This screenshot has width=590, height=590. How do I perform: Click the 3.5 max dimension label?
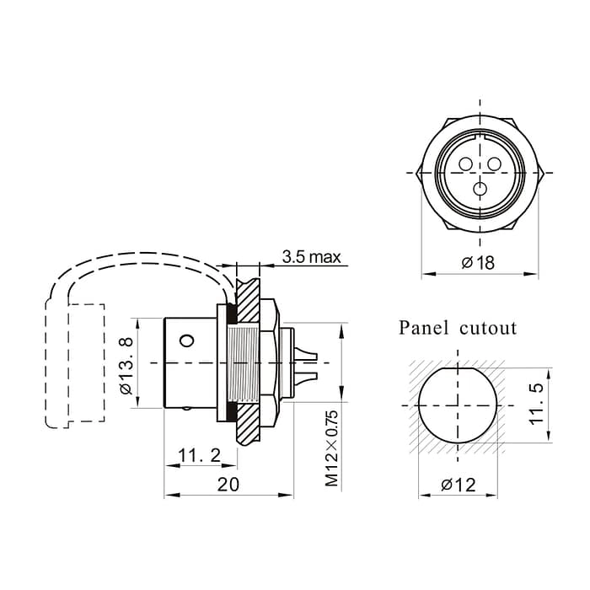pyautogui.click(x=312, y=257)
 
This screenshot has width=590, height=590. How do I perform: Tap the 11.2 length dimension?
pyautogui.click(x=199, y=456)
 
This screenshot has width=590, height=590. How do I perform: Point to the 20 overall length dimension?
pyautogui.click(x=228, y=484)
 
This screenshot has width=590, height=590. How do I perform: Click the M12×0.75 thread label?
pyautogui.click(x=331, y=448)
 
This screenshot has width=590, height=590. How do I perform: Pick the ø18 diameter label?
pyautogui.click(x=478, y=263)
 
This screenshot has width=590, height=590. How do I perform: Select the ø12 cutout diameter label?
pyautogui.click(x=458, y=485)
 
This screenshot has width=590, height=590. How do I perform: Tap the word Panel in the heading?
pyautogui.click(x=426, y=327)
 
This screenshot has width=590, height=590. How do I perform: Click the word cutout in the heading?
pyautogui.click(x=488, y=327)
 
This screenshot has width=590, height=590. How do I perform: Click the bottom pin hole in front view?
pyautogui.click(x=480, y=189)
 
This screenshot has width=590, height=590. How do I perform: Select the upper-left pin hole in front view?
pyautogui.click(x=465, y=163)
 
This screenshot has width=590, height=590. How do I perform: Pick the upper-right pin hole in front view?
pyautogui.click(x=494, y=163)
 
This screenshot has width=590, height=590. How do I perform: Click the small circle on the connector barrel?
pyautogui.click(x=187, y=341)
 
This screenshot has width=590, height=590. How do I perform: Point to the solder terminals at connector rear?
pyautogui.click(x=304, y=362)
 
